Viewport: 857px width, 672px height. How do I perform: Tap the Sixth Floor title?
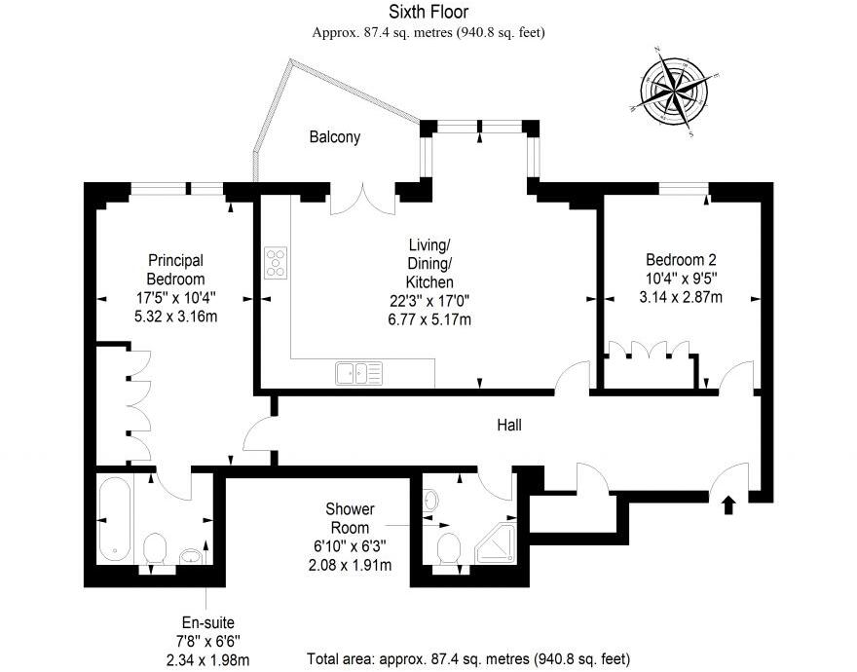click(x=428, y=12)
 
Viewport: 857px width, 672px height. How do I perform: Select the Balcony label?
click(x=335, y=137)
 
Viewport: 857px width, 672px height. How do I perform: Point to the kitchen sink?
click(x=358, y=371)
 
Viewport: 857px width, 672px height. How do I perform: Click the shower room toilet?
click(x=449, y=548)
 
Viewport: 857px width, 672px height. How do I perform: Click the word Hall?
click(x=509, y=425)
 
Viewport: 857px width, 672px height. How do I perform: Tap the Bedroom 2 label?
click(x=681, y=260)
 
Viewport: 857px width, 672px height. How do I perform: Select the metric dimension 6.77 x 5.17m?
click(x=429, y=318)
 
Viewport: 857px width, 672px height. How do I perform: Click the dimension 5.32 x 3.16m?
click(x=175, y=316)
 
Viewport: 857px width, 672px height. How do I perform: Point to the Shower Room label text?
click(x=351, y=517)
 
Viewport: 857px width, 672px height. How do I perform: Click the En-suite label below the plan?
click(x=208, y=622)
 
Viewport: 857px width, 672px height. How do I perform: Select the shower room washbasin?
click(x=431, y=501)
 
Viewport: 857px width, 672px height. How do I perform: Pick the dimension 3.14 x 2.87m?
click(x=682, y=297)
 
